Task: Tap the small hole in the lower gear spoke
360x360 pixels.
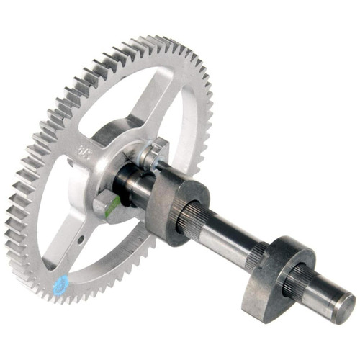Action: pyautogui.click(x=81, y=238)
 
